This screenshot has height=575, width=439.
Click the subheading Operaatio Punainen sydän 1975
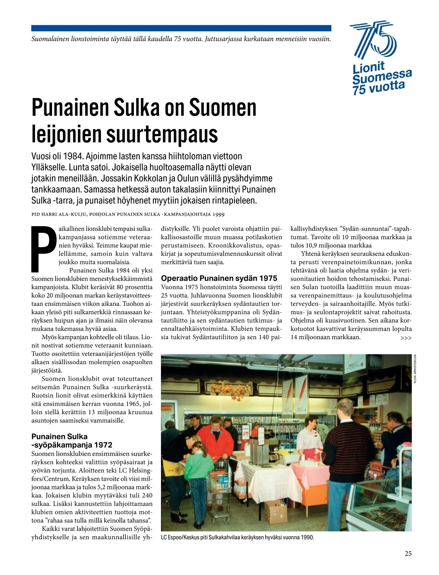[219, 278]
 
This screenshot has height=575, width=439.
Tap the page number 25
[408, 553]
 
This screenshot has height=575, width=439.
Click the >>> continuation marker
[406, 338]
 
